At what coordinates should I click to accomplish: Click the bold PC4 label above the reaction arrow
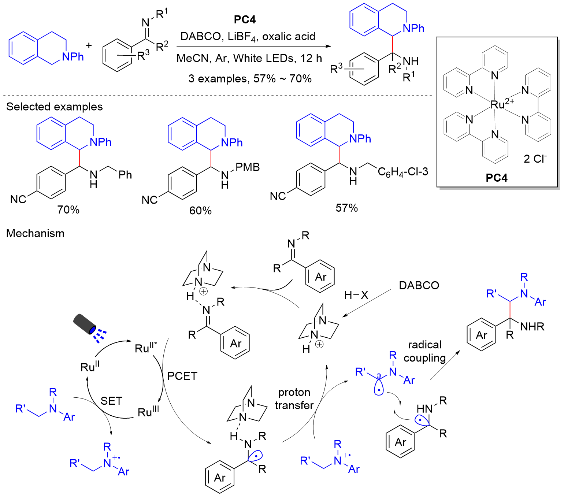point(244,19)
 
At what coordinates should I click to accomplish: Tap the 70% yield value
point(68,209)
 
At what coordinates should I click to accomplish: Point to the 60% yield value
point(200,211)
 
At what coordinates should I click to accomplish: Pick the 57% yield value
point(346,208)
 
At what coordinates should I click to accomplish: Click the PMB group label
point(248,167)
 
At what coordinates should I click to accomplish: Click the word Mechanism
point(36,233)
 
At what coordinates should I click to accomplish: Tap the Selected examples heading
point(55,107)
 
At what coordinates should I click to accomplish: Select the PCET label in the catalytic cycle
point(182,376)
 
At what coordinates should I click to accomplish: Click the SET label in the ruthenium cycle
point(111,401)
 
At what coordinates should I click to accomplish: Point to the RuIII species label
point(148,412)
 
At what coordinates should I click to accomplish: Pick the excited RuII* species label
point(146,348)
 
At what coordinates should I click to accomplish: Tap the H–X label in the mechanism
point(356,295)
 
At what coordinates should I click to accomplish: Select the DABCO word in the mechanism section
point(419,285)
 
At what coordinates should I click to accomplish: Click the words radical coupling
point(425,351)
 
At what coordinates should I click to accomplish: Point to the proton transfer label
point(294,399)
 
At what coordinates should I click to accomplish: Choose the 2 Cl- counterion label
point(535,159)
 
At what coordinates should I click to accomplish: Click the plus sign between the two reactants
point(89,45)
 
